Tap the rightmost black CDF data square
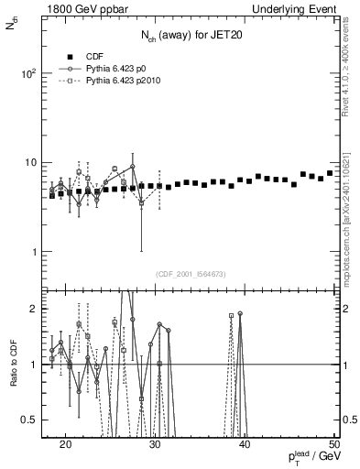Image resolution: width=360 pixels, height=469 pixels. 330,173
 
